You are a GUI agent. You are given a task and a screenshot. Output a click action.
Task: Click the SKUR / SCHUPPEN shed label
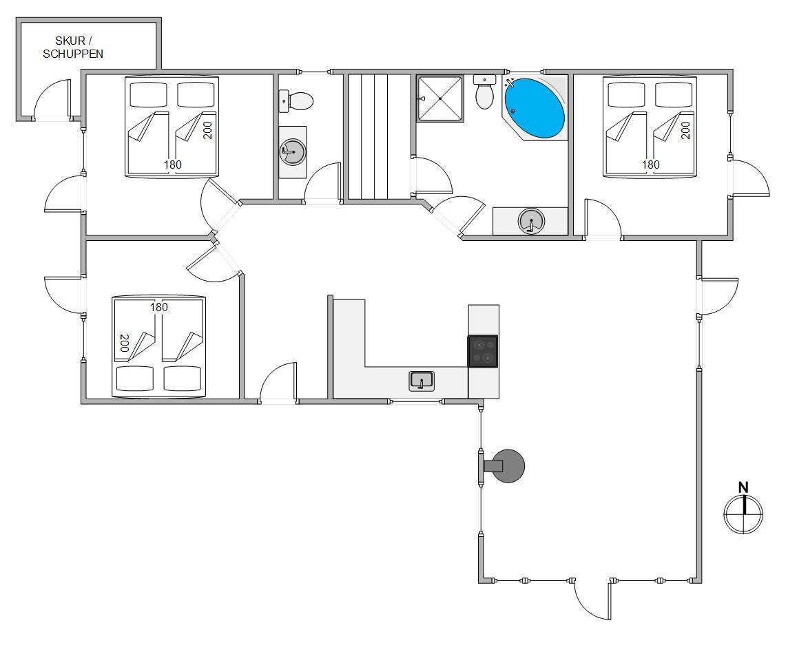pyautogui.click(x=73, y=47)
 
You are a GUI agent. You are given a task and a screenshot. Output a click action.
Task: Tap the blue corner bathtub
pyautogui.click(x=535, y=108)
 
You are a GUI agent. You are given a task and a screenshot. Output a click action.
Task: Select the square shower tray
pyautogui.click(x=439, y=98)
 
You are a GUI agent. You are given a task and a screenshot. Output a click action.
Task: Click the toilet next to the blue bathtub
pyautogui.click(x=485, y=96)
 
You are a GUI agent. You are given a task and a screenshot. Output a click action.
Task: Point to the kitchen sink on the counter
pyautogui.click(x=422, y=381)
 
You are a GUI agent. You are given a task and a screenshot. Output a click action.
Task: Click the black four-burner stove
pyautogui.click(x=483, y=352)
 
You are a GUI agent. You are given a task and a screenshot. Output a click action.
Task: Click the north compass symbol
pyautogui.click(x=743, y=514)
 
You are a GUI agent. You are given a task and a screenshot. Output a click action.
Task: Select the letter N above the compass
pyautogui.click(x=743, y=487)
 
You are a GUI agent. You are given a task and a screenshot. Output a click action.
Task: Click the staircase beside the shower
pyautogui.click(x=369, y=136)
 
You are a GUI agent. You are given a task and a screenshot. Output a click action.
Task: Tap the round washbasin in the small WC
pyautogui.click(x=293, y=151)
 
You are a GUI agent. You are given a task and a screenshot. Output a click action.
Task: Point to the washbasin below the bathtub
pyautogui.click(x=531, y=220)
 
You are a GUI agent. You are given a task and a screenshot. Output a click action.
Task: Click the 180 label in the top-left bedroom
pyautogui.click(x=172, y=165)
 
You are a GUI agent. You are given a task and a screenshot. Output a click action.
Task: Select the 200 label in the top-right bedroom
pyautogui.click(x=686, y=130)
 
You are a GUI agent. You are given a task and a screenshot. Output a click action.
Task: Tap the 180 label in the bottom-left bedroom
pyautogui.click(x=159, y=307)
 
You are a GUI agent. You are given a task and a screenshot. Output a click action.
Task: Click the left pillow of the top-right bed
pyautogui.click(x=627, y=94)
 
